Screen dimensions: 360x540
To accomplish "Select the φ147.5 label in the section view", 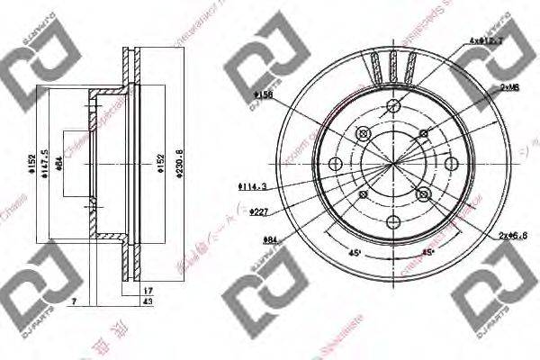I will pos(43,161).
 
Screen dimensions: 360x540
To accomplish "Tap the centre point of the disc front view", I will pos(393,163).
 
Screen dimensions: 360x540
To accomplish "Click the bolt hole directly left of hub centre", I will pos(334,164).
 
